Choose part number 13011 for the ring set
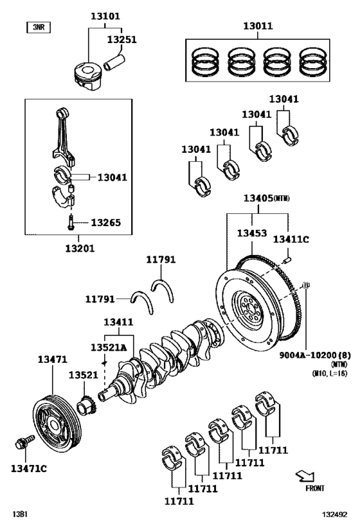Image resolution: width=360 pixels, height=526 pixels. [x=257, y=26]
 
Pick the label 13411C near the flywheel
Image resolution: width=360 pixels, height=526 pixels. [x=291, y=240]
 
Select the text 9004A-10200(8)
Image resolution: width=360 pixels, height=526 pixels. [x=310, y=355]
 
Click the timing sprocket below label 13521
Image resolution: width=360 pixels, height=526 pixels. [x=87, y=407]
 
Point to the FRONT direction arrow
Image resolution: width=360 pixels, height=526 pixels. [x=305, y=476]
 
